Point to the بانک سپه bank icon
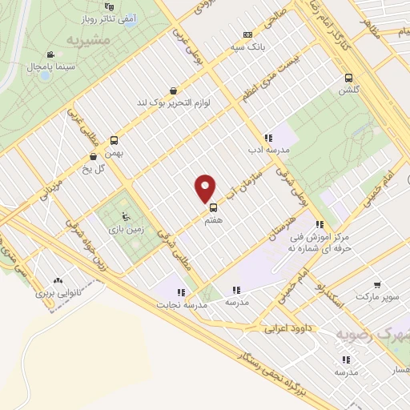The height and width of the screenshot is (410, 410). pos(247,34)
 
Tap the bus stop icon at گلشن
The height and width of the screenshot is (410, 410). pos(348,78)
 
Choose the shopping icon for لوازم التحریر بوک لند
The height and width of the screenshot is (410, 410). pos(173,91)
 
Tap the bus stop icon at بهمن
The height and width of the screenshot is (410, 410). pos(114,139)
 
